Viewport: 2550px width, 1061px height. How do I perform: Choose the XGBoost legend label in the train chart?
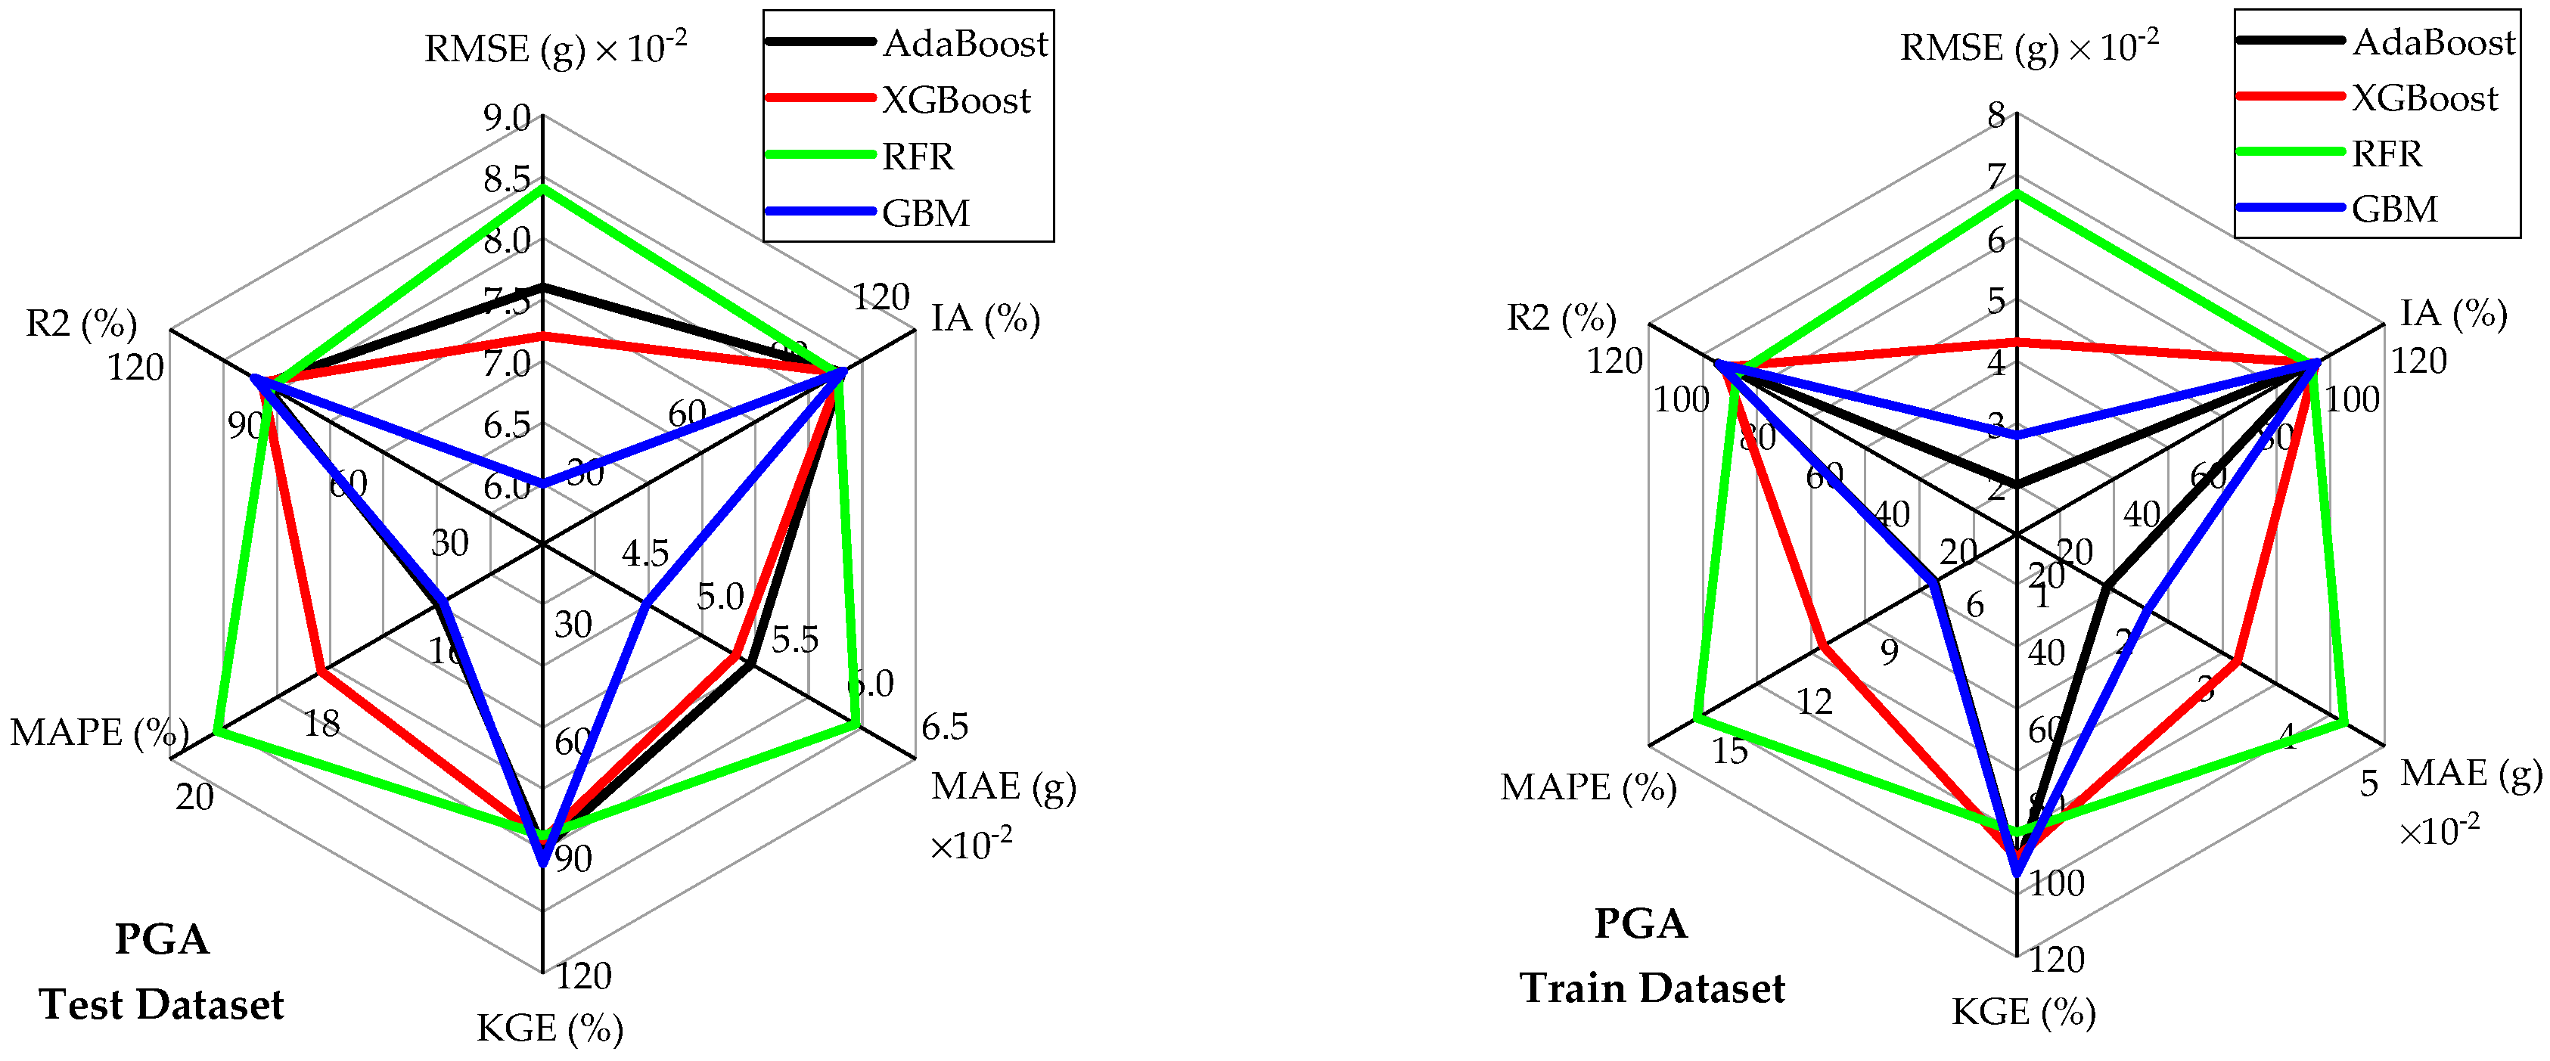click(x=2424, y=98)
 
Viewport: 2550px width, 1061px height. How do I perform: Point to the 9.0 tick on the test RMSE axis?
click(x=507, y=119)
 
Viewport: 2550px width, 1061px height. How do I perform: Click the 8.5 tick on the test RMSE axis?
click(x=507, y=180)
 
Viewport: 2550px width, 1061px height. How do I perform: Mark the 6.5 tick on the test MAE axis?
click(x=944, y=727)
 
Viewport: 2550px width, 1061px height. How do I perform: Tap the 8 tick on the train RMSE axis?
click(x=1996, y=116)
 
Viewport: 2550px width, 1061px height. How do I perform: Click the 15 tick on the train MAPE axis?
click(x=1729, y=751)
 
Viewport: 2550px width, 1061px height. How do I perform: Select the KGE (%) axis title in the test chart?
click(x=549, y=1028)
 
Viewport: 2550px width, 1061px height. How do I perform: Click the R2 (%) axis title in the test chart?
click(x=81, y=324)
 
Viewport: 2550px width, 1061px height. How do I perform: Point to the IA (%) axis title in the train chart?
click(x=2453, y=314)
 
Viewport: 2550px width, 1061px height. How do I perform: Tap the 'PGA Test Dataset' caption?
click(x=161, y=972)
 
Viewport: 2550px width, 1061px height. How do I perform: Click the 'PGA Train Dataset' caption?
click(x=1651, y=956)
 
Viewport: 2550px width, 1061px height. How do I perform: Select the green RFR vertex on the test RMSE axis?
click(x=542, y=188)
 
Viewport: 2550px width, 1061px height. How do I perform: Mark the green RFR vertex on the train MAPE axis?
click(x=1697, y=715)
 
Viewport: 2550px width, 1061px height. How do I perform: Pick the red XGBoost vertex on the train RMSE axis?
click(x=2017, y=343)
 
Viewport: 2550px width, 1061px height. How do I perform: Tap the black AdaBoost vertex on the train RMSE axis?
click(x=2017, y=485)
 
